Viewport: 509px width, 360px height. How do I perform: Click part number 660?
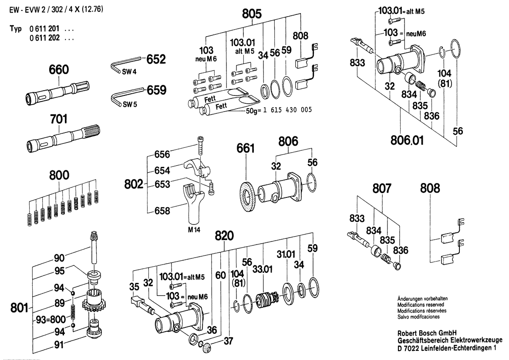(x=60, y=69)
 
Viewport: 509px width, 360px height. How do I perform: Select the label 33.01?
(x=263, y=269)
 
